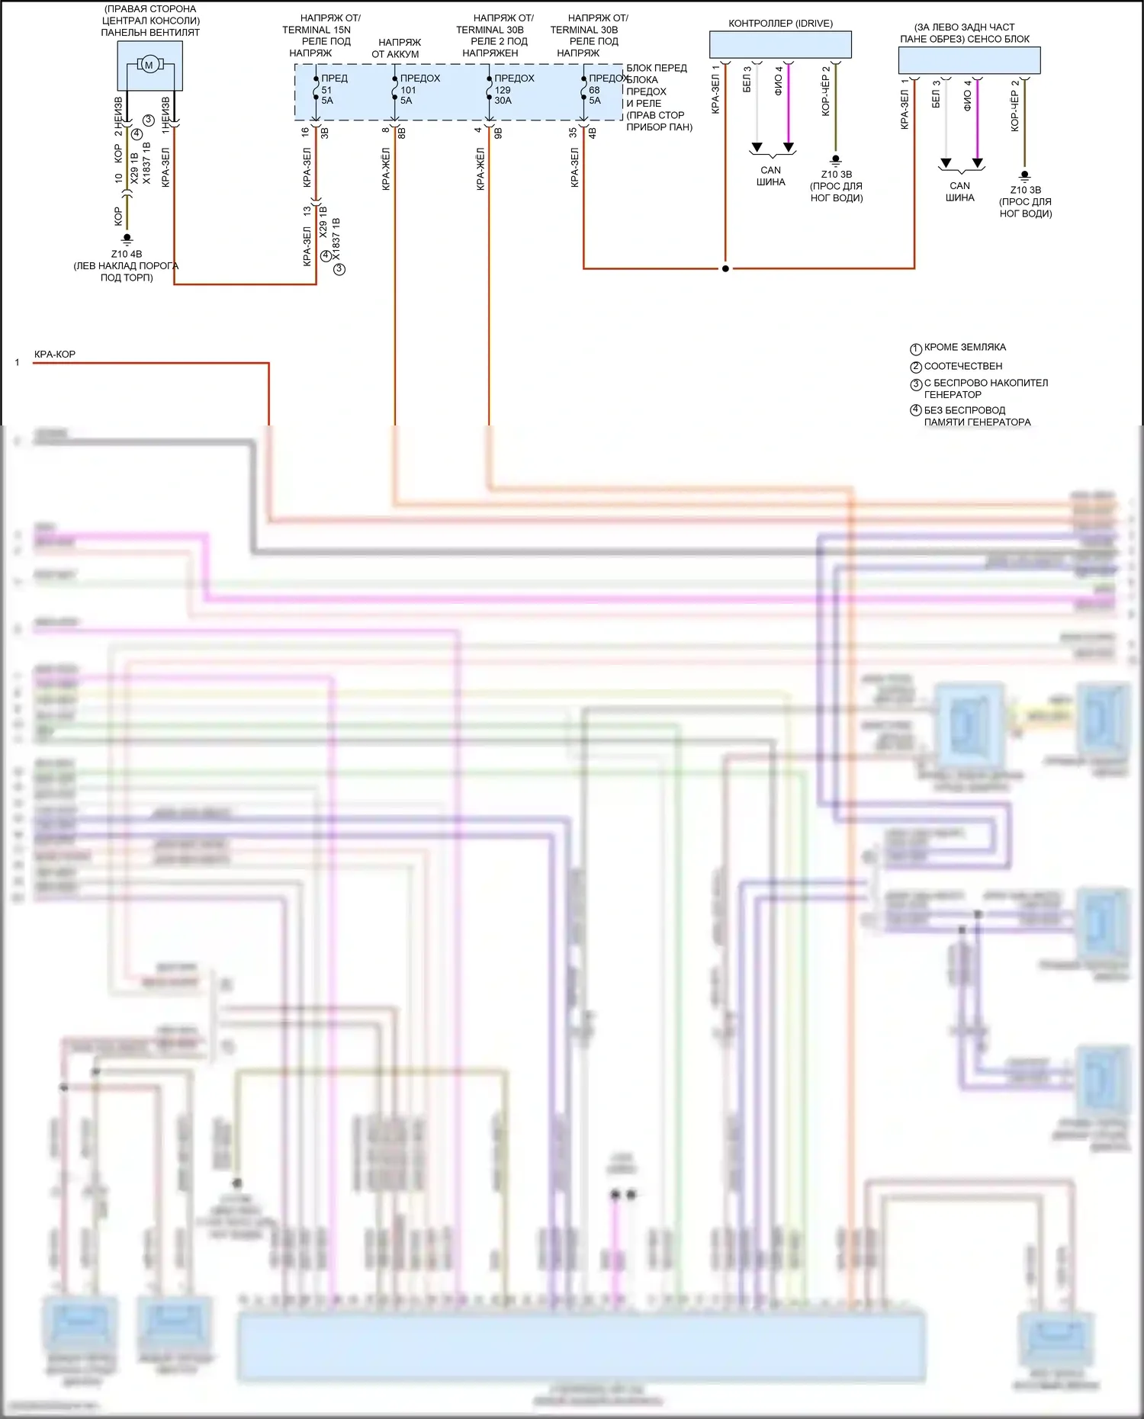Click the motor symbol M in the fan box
[149, 65]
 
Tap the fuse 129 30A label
[503, 95]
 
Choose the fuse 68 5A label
[595, 95]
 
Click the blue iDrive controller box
[780, 45]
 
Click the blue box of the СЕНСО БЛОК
[969, 60]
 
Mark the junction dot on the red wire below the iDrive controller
[725, 268]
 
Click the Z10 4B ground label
[127, 254]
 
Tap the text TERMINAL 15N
[317, 30]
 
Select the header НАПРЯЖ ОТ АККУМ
[396, 48]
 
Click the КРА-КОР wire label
[55, 355]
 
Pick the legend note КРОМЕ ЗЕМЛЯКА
[965, 348]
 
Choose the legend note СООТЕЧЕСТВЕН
[962, 366]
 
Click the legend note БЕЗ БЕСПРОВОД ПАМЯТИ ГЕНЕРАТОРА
[976, 416]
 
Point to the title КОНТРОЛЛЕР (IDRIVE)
[780, 24]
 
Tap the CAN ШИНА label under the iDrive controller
[771, 176]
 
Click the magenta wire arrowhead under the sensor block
[978, 163]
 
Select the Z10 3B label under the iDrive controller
[837, 175]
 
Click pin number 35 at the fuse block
[573, 132]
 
